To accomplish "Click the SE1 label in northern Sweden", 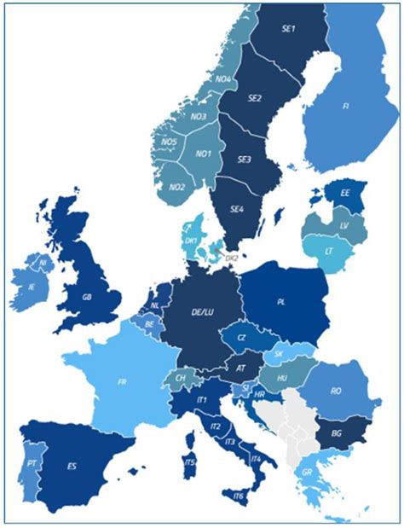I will (x=288, y=29).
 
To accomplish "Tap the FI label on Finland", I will (x=345, y=107).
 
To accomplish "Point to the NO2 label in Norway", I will (x=177, y=187).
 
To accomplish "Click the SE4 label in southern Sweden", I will (x=236, y=206).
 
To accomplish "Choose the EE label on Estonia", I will (x=345, y=194).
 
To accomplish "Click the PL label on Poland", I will (x=282, y=301).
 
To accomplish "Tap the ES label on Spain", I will (x=72, y=467).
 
